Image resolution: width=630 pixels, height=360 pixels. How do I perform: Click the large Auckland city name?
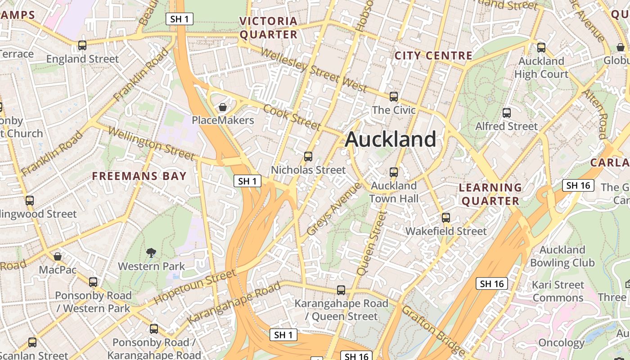390,139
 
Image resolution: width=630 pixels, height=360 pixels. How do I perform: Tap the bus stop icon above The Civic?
394,96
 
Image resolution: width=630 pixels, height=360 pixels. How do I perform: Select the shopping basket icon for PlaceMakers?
222,107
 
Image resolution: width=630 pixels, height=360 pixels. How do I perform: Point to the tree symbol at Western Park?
151,253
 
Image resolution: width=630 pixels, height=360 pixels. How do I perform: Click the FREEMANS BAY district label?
139,176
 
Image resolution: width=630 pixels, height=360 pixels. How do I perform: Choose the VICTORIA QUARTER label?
269,28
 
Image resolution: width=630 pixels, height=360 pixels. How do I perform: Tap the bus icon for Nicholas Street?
308,157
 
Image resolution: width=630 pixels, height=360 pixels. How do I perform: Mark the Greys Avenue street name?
333,209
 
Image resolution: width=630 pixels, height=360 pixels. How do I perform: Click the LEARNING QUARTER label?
490,194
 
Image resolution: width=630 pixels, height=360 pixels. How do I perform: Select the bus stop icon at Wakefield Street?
446,218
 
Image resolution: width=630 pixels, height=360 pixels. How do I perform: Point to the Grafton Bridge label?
433,331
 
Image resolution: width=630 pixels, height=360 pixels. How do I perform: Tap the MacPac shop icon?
58,256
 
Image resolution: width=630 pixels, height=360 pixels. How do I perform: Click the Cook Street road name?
292,117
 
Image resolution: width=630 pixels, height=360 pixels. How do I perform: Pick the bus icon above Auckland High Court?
541,47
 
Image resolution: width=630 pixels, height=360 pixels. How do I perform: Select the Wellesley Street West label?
314,70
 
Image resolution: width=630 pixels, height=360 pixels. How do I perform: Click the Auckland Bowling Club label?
562,256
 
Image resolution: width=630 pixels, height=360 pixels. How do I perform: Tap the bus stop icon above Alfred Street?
507,113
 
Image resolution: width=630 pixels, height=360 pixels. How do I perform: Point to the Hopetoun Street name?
195,287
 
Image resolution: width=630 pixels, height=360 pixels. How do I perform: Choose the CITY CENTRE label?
433,56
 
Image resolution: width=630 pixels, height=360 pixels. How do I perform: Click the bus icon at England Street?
82,45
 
